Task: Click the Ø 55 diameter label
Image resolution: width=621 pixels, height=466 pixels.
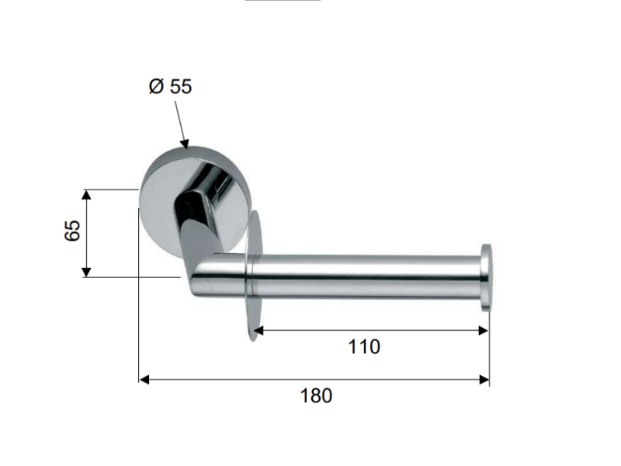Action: (x=170, y=86)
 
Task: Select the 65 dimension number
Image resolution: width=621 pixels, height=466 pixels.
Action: (x=72, y=230)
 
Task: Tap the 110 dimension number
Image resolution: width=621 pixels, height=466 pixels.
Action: (x=364, y=346)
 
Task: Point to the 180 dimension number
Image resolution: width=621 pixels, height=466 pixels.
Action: (x=316, y=395)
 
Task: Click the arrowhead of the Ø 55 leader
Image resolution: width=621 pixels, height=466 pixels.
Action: (x=184, y=144)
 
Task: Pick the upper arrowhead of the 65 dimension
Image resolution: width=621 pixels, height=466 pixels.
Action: (x=87, y=194)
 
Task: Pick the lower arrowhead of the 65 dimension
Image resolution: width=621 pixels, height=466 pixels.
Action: (x=87, y=273)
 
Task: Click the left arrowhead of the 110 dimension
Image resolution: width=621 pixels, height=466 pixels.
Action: (x=258, y=331)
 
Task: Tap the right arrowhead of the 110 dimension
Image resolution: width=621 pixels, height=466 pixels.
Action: (x=484, y=331)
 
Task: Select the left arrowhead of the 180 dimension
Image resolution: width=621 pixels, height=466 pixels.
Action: (x=144, y=380)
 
